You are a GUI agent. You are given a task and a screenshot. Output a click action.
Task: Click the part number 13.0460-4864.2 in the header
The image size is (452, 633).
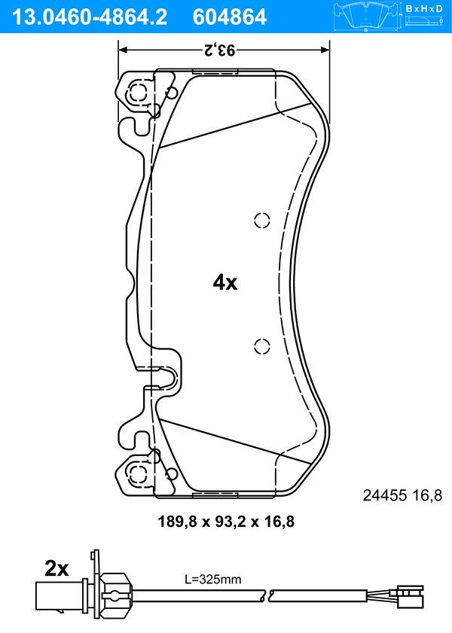point(89,17)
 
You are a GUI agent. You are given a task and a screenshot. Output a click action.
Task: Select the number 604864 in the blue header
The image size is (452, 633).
point(230,17)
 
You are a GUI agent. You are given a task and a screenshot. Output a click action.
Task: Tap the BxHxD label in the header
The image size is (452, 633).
point(423,8)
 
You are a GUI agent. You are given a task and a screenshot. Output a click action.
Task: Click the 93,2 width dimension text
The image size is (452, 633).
point(218,51)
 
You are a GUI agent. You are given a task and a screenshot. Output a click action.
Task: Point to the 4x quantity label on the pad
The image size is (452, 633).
point(225,282)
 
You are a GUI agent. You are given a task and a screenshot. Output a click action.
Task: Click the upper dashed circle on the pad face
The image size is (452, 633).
point(261,220)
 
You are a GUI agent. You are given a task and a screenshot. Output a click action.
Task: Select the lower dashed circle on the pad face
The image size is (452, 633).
point(261,346)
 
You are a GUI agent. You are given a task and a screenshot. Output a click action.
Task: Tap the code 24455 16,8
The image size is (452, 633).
point(402,495)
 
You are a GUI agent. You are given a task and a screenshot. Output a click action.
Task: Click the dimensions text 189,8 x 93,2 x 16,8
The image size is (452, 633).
point(226,522)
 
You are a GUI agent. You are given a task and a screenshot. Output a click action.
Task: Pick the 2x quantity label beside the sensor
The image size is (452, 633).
point(56,569)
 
